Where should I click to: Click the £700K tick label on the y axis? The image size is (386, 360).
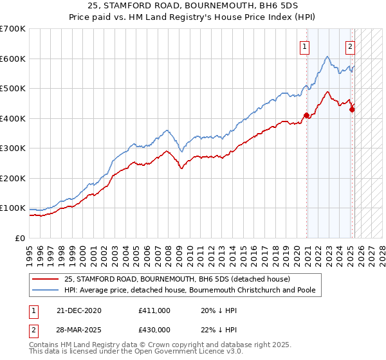(x=13, y=29)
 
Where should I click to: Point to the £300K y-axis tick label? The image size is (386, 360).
(x=13, y=148)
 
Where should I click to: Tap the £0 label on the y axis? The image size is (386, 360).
(x=21, y=238)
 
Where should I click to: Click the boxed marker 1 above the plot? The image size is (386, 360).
(x=304, y=46)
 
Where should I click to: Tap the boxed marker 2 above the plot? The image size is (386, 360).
(x=351, y=46)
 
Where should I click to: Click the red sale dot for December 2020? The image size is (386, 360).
(x=307, y=116)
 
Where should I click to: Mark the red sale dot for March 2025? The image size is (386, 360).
(x=352, y=110)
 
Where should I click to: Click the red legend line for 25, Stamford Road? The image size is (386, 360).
(x=46, y=279)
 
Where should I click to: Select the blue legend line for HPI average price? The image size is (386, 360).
(x=46, y=290)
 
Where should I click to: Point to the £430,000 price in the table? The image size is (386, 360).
(x=154, y=329)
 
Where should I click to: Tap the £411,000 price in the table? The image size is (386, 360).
(x=154, y=310)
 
